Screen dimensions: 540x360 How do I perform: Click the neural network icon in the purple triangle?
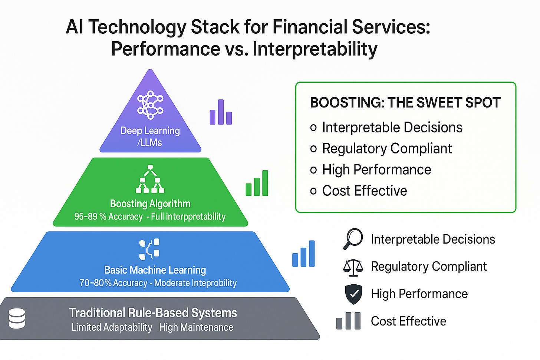click(150, 105)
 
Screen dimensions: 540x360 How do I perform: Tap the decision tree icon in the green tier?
click(150, 179)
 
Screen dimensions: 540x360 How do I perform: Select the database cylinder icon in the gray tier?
click(17, 318)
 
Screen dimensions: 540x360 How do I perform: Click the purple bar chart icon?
click(221, 112)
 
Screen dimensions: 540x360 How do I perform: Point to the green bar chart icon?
click(257, 183)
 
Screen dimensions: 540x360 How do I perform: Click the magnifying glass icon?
click(353, 238)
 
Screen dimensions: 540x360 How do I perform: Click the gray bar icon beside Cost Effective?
click(348, 321)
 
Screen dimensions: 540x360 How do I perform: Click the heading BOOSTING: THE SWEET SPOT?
click(405, 103)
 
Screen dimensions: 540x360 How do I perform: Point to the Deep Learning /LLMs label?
click(150, 136)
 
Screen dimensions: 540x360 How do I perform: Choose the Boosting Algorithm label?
click(150, 204)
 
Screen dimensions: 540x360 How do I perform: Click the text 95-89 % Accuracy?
click(108, 217)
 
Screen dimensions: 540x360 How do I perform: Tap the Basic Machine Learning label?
click(155, 270)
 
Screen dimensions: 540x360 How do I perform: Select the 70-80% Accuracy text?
click(113, 283)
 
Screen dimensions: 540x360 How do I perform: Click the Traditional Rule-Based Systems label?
click(153, 313)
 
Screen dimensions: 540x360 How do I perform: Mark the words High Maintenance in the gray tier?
click(196, 327)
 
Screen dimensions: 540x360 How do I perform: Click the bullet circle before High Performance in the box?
click(313, 170)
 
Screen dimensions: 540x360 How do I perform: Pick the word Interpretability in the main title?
click(315, 49)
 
